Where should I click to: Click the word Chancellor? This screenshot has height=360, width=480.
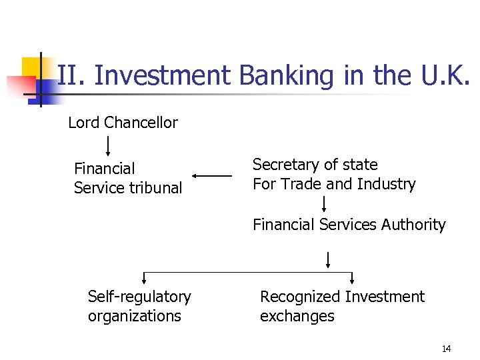click(141, 123)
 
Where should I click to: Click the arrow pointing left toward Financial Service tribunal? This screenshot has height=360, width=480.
click(211, 176)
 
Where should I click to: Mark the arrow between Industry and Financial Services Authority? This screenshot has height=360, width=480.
click(324, 203)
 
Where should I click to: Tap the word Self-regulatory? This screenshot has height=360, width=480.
click(139, 297)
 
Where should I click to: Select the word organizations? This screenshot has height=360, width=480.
click(134, 316)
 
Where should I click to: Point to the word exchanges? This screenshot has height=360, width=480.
click(297, 316)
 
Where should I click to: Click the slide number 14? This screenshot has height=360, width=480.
click(446, 349)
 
